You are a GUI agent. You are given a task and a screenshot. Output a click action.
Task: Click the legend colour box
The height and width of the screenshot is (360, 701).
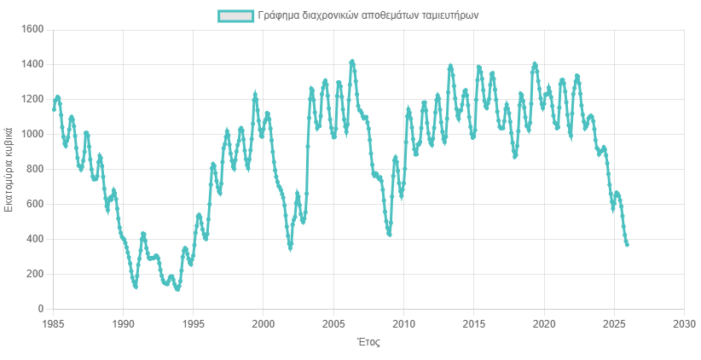[x=235, y=16]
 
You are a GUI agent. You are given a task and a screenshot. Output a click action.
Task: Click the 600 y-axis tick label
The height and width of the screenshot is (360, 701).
[x=35, y=205]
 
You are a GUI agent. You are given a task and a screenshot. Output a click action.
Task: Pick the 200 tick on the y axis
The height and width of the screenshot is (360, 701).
[x=35, y=274]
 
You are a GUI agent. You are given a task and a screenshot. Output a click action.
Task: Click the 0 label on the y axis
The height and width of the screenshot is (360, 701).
[x=40, y=309]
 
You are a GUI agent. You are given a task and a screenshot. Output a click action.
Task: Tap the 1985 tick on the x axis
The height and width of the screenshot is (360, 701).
[x=53, y=324]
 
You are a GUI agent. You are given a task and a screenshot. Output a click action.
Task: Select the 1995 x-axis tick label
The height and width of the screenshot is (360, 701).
[x=194, y=324]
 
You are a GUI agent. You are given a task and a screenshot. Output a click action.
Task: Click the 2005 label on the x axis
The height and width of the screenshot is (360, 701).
[x=333, y=324]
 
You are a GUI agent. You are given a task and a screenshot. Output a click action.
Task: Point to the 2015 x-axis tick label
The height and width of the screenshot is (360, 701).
[x=474, y=324]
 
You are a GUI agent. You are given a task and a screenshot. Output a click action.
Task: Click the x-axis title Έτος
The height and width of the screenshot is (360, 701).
[x=368, y=343]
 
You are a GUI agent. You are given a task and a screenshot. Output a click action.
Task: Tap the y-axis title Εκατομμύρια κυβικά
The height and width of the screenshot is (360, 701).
[x=10, y=169]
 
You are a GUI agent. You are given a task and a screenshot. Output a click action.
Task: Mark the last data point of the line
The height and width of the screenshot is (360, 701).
[x=628, y=245]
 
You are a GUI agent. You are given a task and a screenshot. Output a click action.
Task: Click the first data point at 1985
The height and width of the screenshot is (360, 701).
[x=54, y=109]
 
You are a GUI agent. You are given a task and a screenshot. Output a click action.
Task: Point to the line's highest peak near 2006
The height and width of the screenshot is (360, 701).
[x=352, y=61]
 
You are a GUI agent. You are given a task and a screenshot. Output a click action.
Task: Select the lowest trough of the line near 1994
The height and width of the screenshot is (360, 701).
[x=177, y=289]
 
